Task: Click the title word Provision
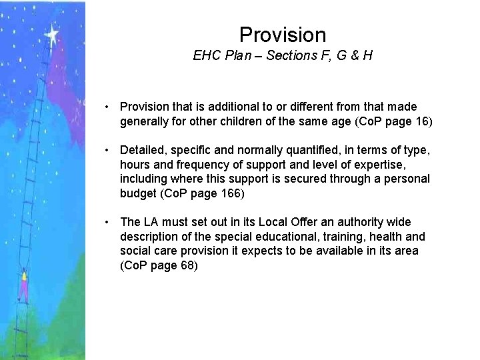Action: [282, 34]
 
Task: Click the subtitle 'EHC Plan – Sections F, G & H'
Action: [282, 56]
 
